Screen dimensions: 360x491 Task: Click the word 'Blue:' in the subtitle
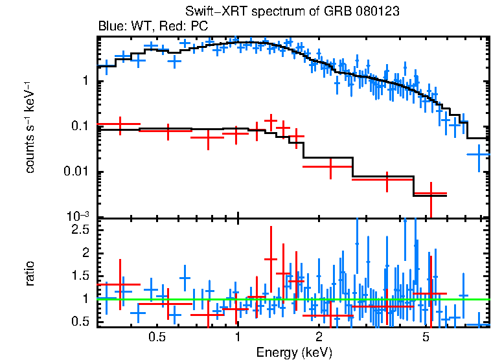pyautogui.click(x=111, y=27)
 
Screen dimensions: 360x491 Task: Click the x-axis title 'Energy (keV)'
pyautogui.click(x=294, y=352)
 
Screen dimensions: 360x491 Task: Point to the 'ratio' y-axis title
pyautogui.click(x=30, y=273)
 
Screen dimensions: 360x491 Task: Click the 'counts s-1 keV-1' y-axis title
pyautogui.click(x=30, y=127)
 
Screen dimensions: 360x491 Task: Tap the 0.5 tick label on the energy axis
pyautogui.click(x=156, y=338)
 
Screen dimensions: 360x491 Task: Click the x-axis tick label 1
pyautogui.click(x=238, y=338)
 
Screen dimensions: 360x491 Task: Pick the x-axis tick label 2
pyautogui.click(x=319, y=338)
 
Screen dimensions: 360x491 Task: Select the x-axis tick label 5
pyautogui.click(x=426, y=338)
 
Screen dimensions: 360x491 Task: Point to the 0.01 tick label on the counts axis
pyautogui.click(x=78, y=172)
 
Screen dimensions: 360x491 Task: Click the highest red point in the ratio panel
pyautogui.click(x=271, y=259)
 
